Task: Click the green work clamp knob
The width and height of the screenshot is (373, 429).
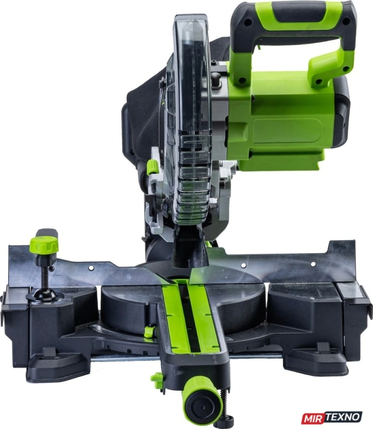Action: [44, 245]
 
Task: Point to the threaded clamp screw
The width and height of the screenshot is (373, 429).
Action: [45, 277]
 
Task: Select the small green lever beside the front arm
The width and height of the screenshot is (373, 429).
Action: [157, 380]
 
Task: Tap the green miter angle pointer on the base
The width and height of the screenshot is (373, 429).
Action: [148, 331]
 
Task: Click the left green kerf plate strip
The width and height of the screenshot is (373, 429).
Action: [175, 318]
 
